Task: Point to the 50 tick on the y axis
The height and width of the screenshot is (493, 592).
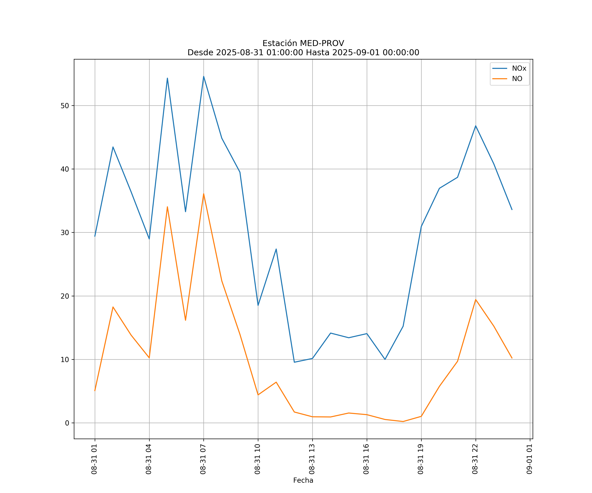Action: pyautogui.click(x=65, y=106)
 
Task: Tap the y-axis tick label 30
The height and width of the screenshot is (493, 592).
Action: pyautogui.click(x=65, y=233)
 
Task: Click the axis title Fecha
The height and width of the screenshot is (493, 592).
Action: pyautogui.click(x=303, y=480)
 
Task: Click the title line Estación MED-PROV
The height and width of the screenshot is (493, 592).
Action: pyautogui.click(x=303, y=43)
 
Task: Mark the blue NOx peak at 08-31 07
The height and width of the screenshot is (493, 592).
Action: pyautogui.click(x=204, y=76)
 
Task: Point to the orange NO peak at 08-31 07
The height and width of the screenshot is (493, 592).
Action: pyautogui.click(x=204, y=194)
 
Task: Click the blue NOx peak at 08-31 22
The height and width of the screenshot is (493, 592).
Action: pyautogui.click(x=476, y=126)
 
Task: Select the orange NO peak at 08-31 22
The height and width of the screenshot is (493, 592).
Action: pyautogui.click(x=476, y=299)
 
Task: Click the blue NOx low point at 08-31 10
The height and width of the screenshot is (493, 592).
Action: pyautogui.click(x=258, y=305)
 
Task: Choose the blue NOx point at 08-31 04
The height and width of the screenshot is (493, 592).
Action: pyautogui.click(x=149, y=239)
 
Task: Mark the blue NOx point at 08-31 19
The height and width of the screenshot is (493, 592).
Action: pyautogui.click(x=421, y=226)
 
